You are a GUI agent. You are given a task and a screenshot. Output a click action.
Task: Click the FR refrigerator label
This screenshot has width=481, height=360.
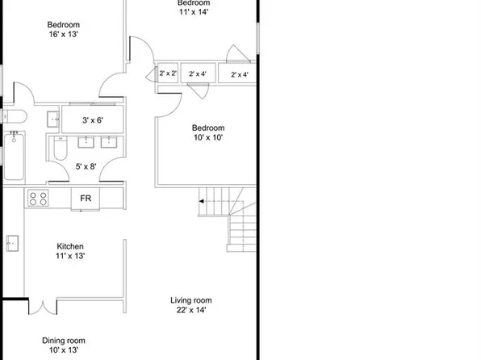point(85,198)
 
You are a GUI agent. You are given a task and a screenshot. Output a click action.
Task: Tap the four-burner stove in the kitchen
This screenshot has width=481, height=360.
point(38,198)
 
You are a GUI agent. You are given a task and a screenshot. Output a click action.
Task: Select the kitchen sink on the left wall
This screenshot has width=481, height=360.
point(12,242)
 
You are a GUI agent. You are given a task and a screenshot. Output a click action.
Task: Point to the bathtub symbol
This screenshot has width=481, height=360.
point(15,157)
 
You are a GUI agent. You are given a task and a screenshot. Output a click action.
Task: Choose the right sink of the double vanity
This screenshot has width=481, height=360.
point(110,144)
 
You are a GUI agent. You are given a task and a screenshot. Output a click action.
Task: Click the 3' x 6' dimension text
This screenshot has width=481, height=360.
point(96,120)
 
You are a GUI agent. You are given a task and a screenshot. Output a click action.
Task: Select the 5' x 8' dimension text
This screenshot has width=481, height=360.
point(86,167)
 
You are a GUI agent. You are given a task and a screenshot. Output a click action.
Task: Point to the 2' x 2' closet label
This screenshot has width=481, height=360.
point(168,74)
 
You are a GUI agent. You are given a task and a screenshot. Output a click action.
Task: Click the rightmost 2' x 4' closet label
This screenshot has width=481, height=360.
point(240,74)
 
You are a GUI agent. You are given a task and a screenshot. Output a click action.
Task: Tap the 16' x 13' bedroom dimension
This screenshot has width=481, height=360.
point(63,35)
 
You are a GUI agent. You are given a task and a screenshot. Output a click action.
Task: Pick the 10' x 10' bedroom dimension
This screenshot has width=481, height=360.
point(207,138)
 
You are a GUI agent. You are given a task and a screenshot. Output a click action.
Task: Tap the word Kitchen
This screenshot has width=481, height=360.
point(70,246)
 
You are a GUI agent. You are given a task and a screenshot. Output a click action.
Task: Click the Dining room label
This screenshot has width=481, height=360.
point(64,341)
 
